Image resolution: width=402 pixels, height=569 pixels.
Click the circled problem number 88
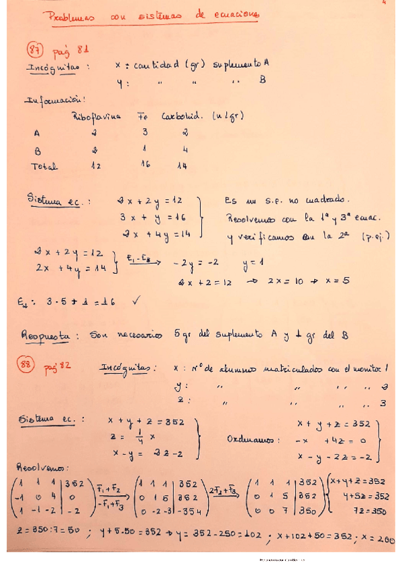coord(34,366)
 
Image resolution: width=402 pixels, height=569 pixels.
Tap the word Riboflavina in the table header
coord(97,115)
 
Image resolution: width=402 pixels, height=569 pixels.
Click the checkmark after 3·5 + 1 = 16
coord(138,301)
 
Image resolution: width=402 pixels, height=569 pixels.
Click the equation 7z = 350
coord(367,511)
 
